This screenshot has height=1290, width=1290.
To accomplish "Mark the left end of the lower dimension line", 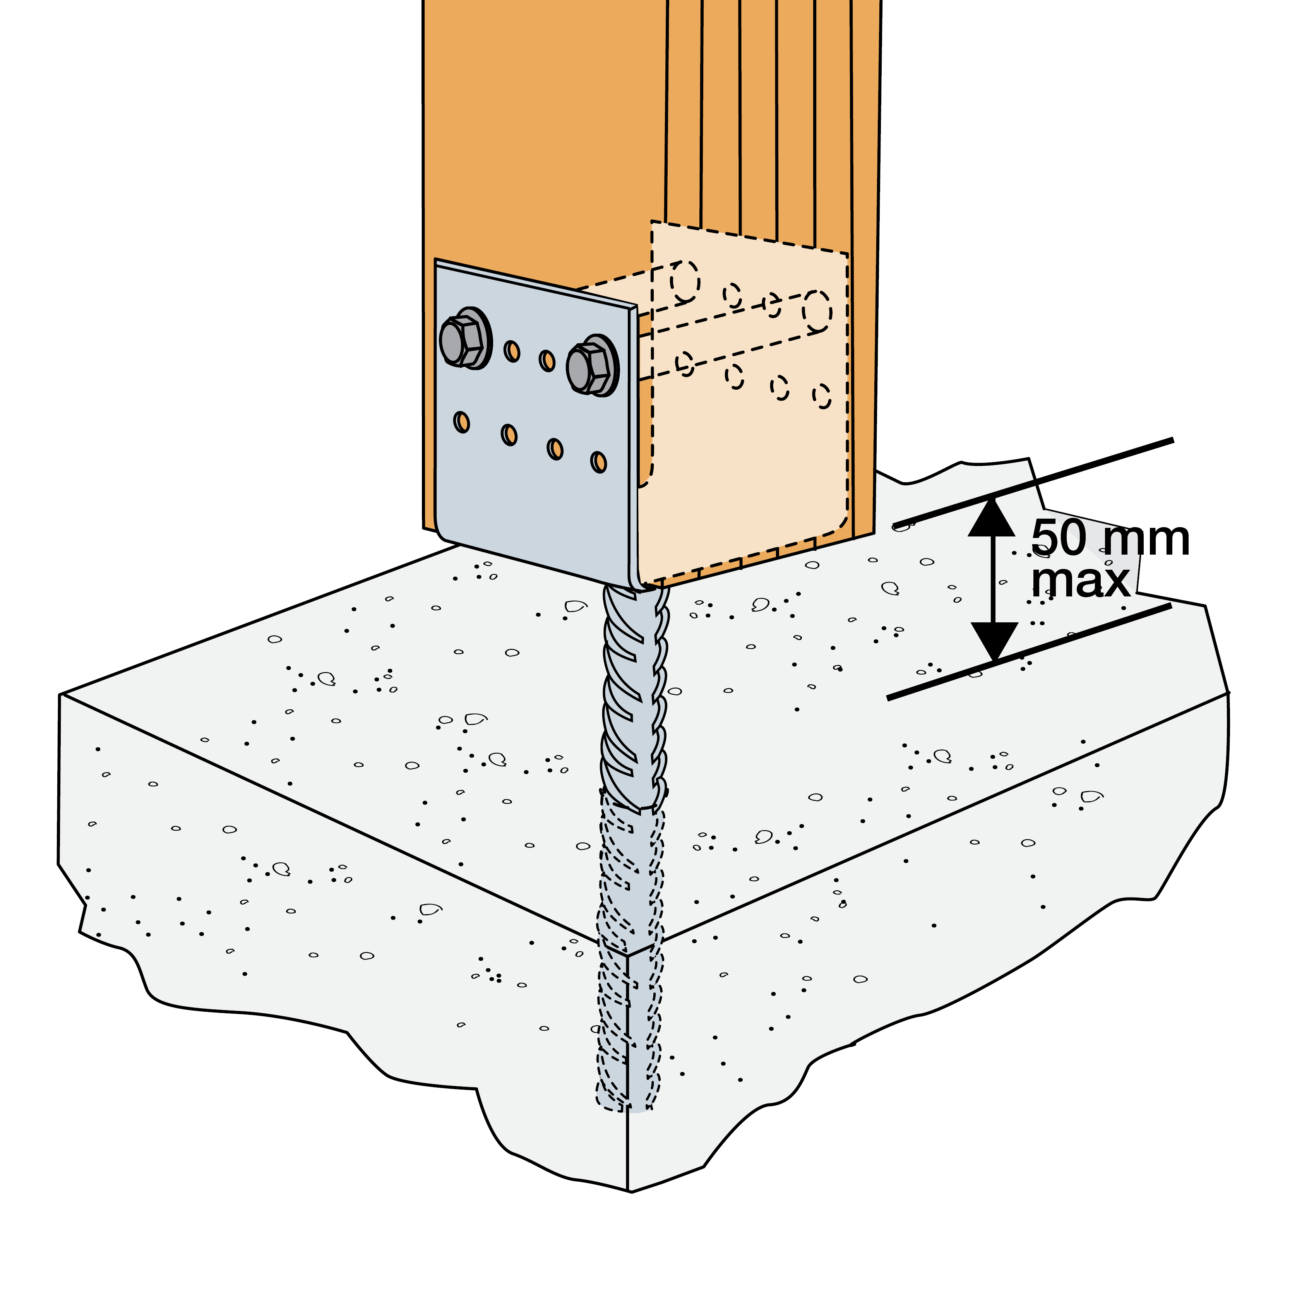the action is (888, 699).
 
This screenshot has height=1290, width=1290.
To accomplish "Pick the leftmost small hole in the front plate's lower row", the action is (461, 422).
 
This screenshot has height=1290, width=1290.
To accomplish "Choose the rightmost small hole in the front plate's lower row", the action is (599, 462).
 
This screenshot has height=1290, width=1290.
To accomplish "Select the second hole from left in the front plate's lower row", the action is (509, 435).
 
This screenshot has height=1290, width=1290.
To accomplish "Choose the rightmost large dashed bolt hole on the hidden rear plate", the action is (817, 311).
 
